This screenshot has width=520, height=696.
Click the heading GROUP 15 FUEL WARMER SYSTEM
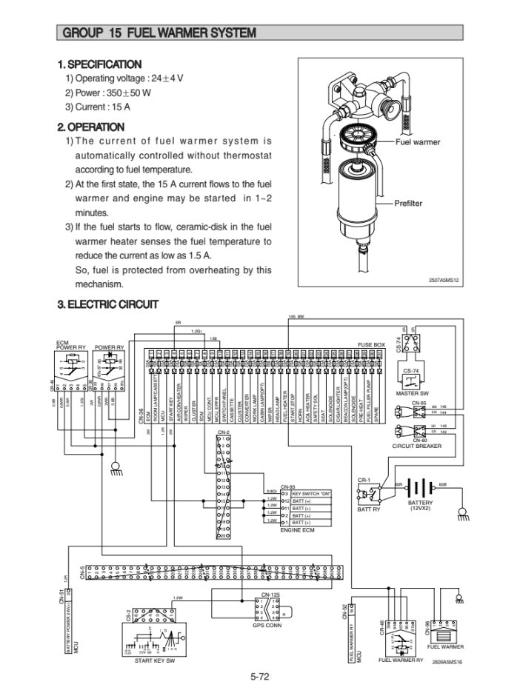tap(160, 33)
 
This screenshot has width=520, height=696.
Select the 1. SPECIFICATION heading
tap(99, 64)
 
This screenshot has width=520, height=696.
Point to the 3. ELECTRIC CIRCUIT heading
tap(107, 304)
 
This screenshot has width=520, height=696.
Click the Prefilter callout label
tap(408, 203)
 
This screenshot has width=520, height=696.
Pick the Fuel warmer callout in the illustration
tap(418, 141)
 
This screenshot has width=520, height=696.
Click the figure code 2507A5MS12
tap(445, 281)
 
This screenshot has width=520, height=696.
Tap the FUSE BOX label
tap(371, 345)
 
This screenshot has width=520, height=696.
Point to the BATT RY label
tap(368, 509)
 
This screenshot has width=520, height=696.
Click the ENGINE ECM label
tap(298, 530)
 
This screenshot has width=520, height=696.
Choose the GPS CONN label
tap(267, 625)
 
